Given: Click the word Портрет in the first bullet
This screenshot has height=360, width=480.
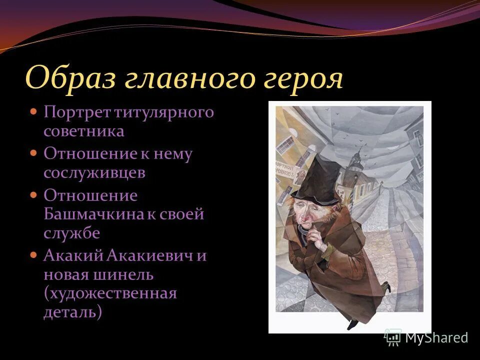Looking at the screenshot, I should pos(77,112).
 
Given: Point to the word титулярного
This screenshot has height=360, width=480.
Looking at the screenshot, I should pos(165,112).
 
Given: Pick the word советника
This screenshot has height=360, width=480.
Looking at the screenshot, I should pos(83,131).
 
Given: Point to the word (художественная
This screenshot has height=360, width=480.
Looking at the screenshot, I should pos(110,293).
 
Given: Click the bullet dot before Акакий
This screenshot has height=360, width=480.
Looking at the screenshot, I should pos(34,255).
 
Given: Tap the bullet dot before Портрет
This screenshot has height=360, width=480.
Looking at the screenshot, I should pos(34,111).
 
